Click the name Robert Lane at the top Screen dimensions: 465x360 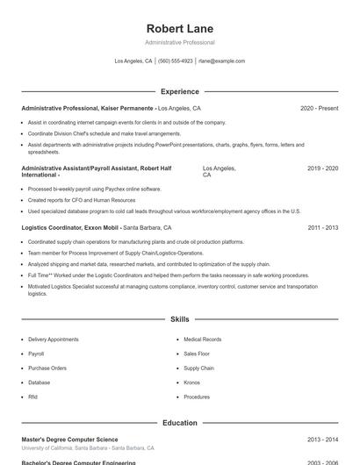pyautogui.click(x=179, y=29)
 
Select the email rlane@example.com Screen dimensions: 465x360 pyautogui.click(x=221, y=61)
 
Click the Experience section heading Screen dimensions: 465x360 pyautogui.click(x=179, y=91)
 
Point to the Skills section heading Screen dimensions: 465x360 pyautogui.click(x=179, y=319)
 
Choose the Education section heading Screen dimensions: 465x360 pyautogui.click(x=179, y=423)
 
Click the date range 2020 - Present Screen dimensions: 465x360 pyautogui.click(x=319, y=109)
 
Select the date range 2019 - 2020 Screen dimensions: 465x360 pyautogui.click(x=322, y=168)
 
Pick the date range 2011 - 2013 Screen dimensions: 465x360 pyautogui.click(x=322, y=227)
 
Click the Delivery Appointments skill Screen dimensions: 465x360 pyautogui.click(x=53, y=340)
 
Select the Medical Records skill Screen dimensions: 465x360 pyautogui.click(x=202, y=340)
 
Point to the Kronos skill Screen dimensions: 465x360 pyautogui.click(x=192, y=383)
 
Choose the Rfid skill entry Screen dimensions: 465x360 pyautogui.click(x=32, y=397)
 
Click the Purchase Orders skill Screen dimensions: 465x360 pyautogui.click(x=47, y=368)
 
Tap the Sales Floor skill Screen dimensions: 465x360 pyautogui.click(x=197, y=354)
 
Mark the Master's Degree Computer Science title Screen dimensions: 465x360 pyautogui.click(x=69, y=440)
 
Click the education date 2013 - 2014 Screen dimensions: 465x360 pyautogui.click(x=322, y=440)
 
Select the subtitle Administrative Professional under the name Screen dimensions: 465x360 pyautogui.click(x=179, y=42)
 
